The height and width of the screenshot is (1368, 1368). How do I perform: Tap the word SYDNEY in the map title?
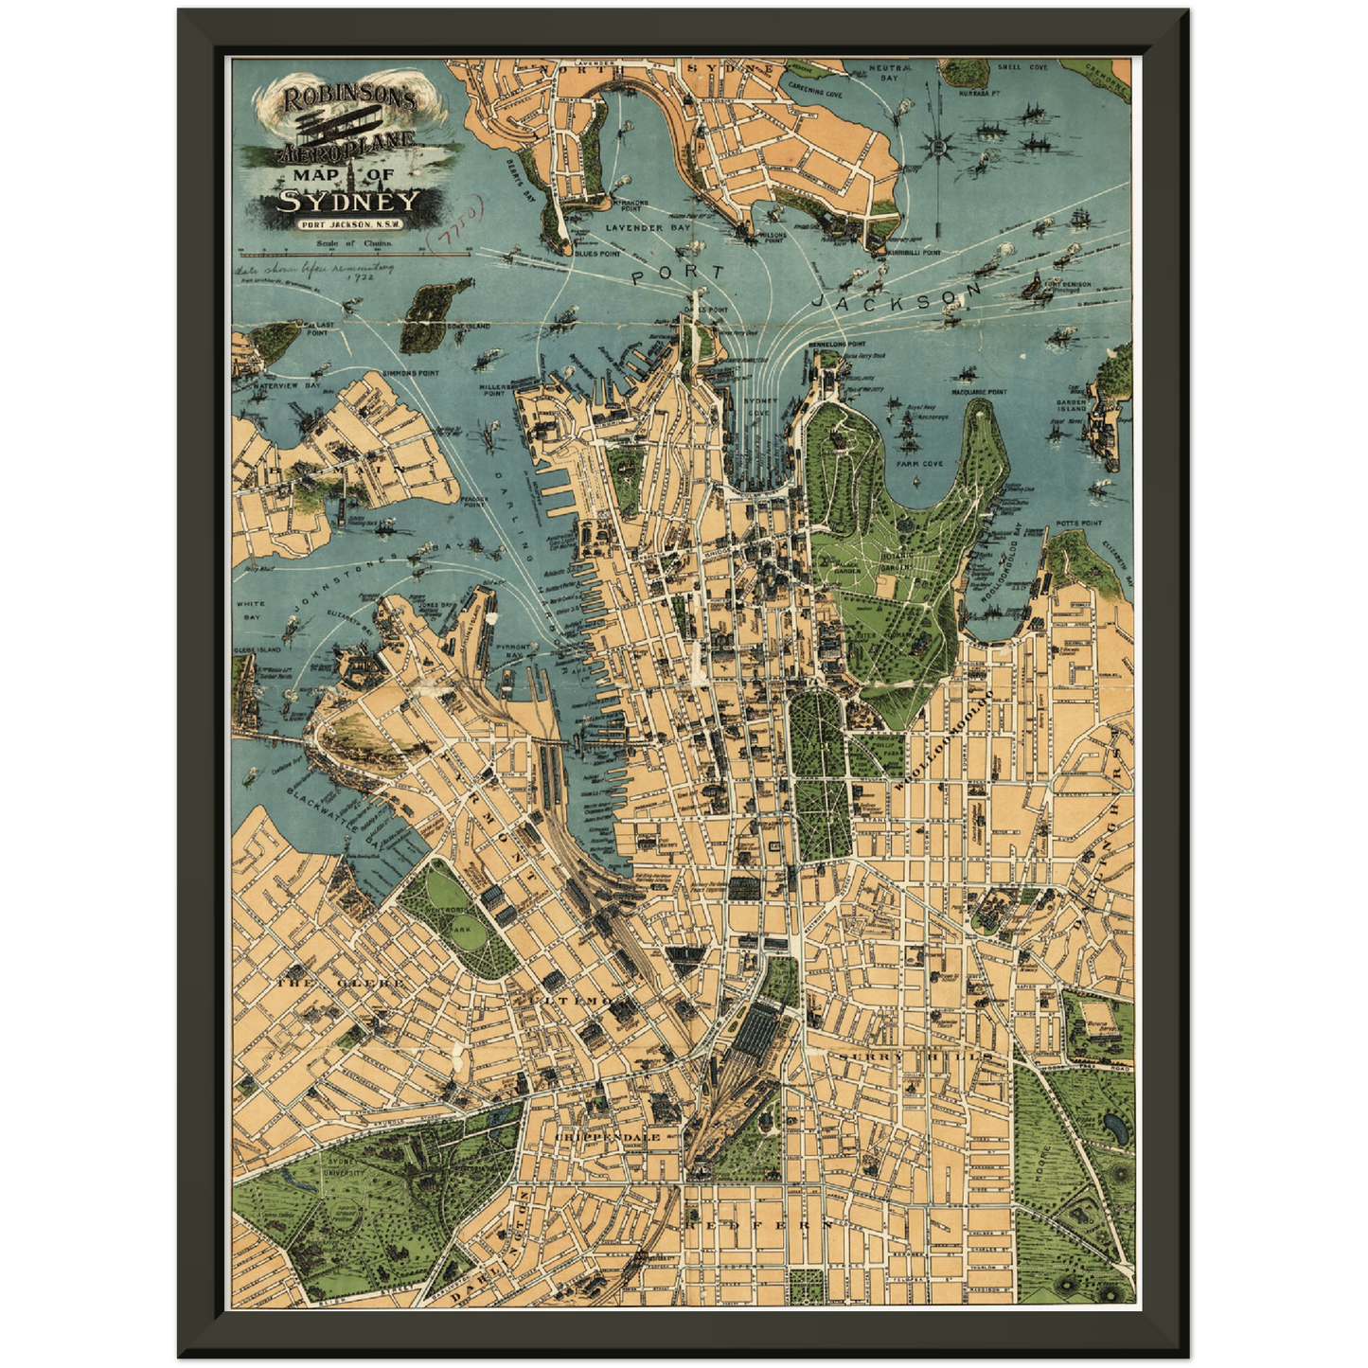pos(347,201)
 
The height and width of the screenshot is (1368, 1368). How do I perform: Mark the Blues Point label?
pos(597,254)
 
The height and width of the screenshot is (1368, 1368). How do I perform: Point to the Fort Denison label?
pos(1068,285)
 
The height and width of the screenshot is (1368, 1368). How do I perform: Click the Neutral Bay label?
pos(890,72)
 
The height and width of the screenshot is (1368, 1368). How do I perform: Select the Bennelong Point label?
pos(837,344)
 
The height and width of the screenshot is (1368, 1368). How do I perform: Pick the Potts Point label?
pos(1079,523)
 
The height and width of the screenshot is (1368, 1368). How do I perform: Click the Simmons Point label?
pos(410,373)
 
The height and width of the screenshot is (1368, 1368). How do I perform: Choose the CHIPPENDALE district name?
pos(607,1136)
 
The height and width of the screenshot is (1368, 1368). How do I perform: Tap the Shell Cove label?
pos(1022,68)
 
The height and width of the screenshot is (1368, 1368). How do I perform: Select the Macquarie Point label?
pos(978,391)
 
